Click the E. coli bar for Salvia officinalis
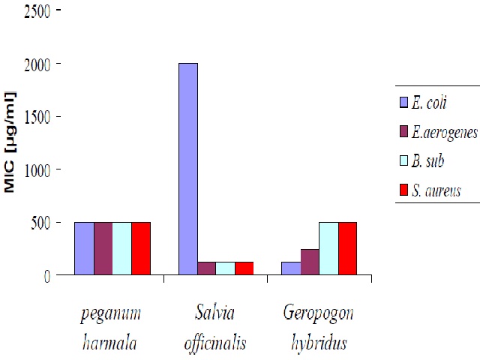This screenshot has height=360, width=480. point(188,169)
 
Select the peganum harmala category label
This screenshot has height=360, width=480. point(110,328)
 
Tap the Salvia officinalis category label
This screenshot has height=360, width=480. point(215,328)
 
